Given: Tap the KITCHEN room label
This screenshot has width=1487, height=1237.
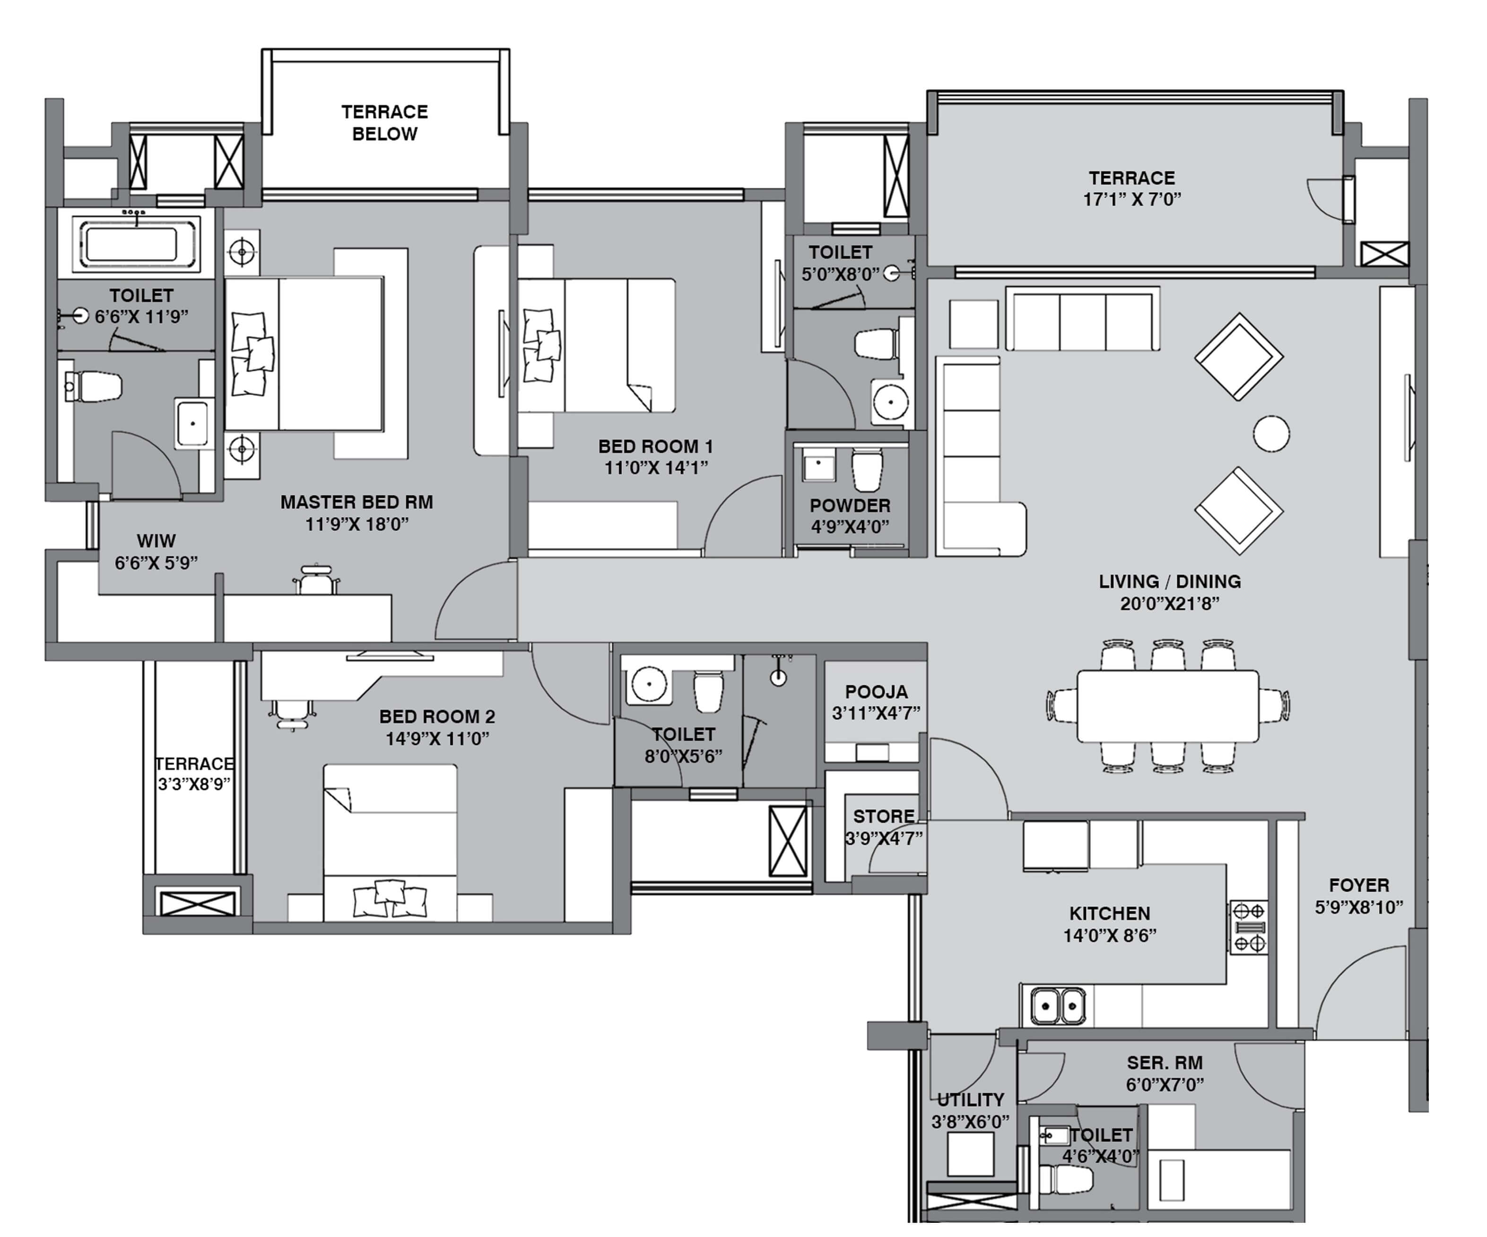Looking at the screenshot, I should pos(1110,913).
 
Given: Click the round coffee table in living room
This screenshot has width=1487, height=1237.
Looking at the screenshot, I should pos(1271,433).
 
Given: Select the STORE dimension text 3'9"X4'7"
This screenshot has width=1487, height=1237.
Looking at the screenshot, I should pos(884,839).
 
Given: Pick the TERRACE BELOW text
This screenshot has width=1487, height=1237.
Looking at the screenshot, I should pos(384,122).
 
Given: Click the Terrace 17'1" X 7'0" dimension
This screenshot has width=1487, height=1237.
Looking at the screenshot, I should pos(1131,199).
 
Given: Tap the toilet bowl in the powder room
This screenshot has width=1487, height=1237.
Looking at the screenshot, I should pos(867,469).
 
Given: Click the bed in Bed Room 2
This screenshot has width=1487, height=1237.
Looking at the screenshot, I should pos(390,843).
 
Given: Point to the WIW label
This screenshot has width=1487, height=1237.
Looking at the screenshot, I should pos(156,541).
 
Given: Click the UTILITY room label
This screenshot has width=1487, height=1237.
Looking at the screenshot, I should pos(970,1099).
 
